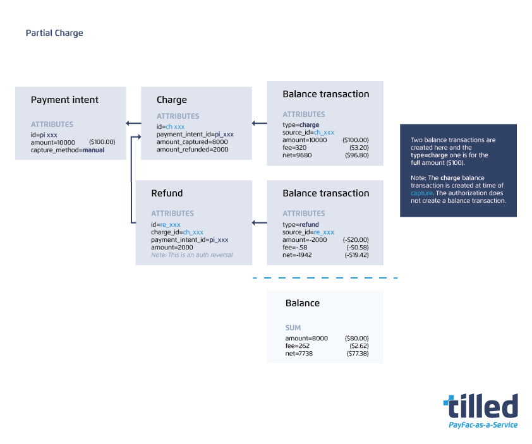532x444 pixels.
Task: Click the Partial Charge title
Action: [54, 33]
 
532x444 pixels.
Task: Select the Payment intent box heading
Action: [64, 100]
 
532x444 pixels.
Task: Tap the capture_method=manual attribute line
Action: [68, 150]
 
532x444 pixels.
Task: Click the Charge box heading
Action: [172, 100]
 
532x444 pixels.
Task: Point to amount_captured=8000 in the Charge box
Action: [192, 142]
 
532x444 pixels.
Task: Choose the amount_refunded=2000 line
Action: [192, 150]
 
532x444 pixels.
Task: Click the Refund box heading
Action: [167, 193]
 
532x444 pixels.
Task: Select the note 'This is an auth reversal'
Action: [191, 255]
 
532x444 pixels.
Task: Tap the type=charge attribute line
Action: [301, 125]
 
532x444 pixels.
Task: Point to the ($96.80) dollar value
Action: [357, 155]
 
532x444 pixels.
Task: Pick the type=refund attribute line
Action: [300, 224]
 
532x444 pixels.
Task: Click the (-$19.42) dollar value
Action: [356, 255]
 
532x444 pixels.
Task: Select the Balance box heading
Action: [303, 303]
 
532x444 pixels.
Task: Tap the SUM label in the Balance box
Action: [293, 328]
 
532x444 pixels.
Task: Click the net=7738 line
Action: [299, 354]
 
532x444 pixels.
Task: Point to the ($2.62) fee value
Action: [358, 346]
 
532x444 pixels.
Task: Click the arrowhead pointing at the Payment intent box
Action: [129, 123]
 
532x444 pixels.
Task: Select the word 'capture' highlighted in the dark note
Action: [421, 193]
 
